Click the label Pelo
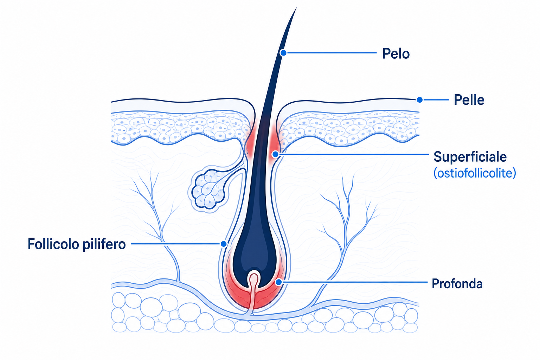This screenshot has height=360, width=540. [396, 53]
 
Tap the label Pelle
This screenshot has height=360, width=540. [469, 100]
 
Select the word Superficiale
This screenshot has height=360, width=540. [470, 157]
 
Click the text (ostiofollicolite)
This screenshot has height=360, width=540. [475, 173]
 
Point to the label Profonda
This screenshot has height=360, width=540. [457, 284]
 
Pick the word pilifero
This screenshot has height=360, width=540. [104, 244]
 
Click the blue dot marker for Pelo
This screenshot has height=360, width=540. [283, 53]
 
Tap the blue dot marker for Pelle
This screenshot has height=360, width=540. [420, 99]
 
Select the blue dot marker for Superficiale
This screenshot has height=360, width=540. [275, 154]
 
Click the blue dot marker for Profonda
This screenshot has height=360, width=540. [279, 282]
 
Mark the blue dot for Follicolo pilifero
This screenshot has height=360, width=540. [224, 244]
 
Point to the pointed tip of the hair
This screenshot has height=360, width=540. [296, 8]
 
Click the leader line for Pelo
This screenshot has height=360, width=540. [332, 53]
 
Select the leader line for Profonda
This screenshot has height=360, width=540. [355, 282]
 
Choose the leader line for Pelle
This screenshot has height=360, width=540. [436, 99]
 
